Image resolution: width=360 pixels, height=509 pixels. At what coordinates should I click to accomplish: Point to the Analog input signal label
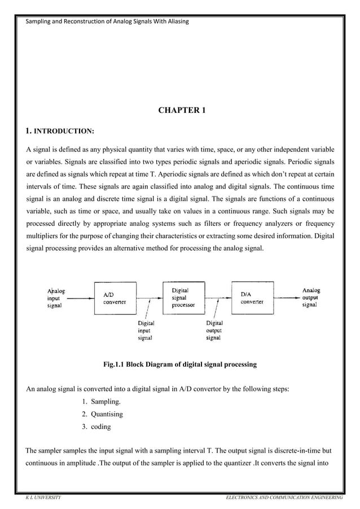click(56, 297)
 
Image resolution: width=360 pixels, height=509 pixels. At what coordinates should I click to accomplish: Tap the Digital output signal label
click(213, 330)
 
